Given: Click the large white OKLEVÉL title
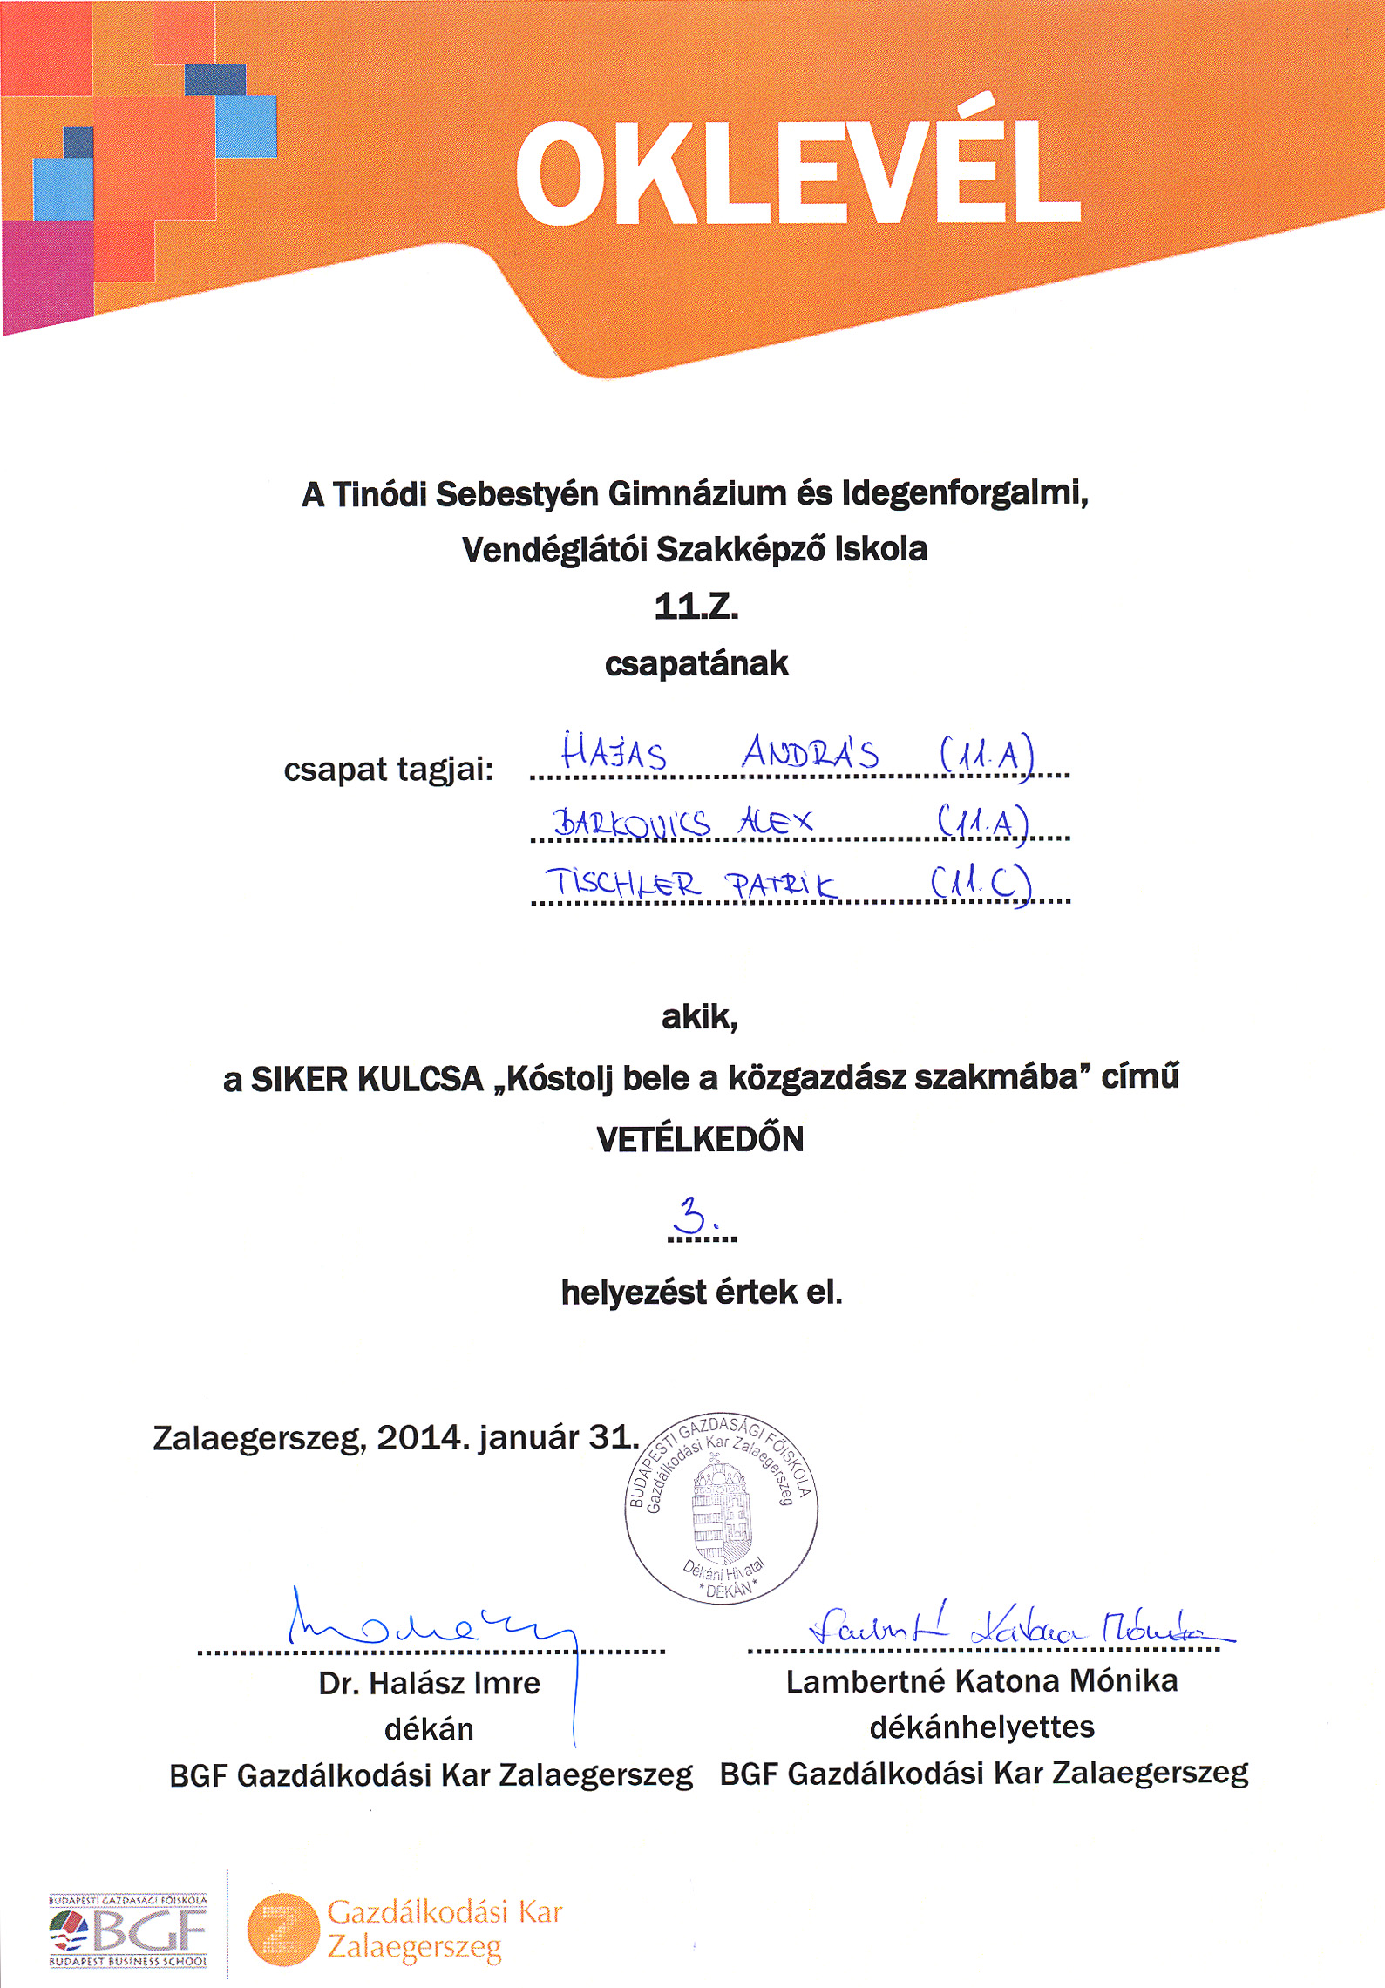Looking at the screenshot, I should tap(798, 174).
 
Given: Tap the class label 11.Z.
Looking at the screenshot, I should tap(696, 607).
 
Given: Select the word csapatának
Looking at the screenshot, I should tap(696, 664).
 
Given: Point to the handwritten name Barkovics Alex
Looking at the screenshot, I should tap(682, 821).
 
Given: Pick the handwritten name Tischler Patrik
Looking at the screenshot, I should tap(690, 884).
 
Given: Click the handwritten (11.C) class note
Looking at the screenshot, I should tap(981, 884).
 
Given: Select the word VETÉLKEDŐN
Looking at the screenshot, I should tap(700, 1140).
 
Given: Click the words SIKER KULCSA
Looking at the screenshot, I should tap(366, 1080).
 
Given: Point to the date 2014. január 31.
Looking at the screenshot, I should tap(506, 1437).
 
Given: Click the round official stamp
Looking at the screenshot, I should tap(721, 1509).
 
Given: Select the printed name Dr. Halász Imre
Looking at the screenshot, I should tap(429, 1683).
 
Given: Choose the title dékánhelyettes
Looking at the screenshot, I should tap(981, 1727).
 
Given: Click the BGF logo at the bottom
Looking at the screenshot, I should tap(129, 1930).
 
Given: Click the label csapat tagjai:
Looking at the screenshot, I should tap(388, 770).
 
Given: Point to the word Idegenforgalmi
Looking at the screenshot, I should tap(965, 493).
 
